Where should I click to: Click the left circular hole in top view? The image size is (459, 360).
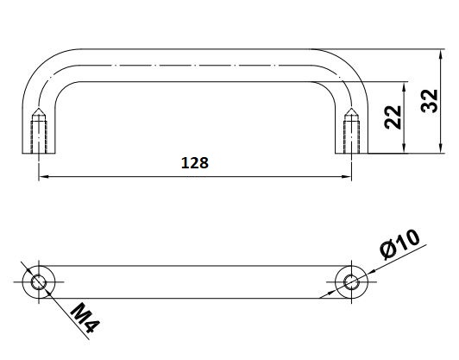[x=38, y=281]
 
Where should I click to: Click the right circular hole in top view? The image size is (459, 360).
[x=351, y=281]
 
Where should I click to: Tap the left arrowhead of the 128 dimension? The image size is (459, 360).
[x=43, y=177]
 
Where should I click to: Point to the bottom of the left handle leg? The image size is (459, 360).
[x=38, y=153]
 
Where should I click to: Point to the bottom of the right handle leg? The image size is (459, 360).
[x=351, y=153]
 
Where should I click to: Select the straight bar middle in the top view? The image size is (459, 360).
[x=194, y=281]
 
